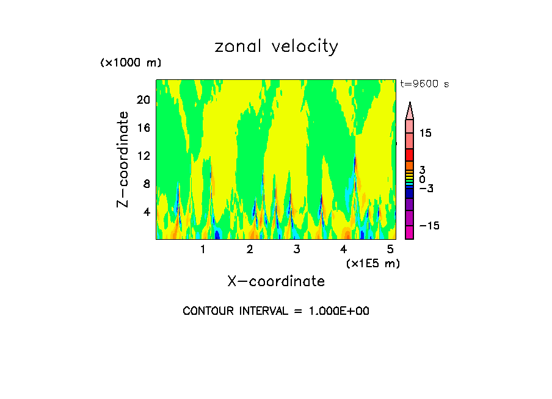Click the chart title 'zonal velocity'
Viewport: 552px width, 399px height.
pos(276,47)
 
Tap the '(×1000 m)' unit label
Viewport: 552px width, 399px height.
pos(131,63)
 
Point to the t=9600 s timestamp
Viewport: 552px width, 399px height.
pos(424,84)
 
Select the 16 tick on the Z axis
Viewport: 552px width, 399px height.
pos(142,128)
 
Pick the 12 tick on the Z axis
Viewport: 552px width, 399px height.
pos(142,156)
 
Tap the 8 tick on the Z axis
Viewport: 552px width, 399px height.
pos(145,184)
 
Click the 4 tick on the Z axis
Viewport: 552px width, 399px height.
pos(145,212)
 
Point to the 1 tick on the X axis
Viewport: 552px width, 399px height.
pos(203,250)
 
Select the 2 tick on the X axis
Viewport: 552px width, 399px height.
pos(250,250)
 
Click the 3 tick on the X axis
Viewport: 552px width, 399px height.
pos(296,250)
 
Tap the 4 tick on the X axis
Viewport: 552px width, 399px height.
pos(343,250)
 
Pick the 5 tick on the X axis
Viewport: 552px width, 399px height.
pos(390,250)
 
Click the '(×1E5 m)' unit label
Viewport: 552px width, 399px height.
pos(372,263)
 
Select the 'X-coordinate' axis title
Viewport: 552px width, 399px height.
pos(276,281)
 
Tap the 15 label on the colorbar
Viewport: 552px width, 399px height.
pos(425,133)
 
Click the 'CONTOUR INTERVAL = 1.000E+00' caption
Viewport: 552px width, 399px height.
pos(276,311)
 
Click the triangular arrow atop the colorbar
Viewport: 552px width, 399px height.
pos(410,110)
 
